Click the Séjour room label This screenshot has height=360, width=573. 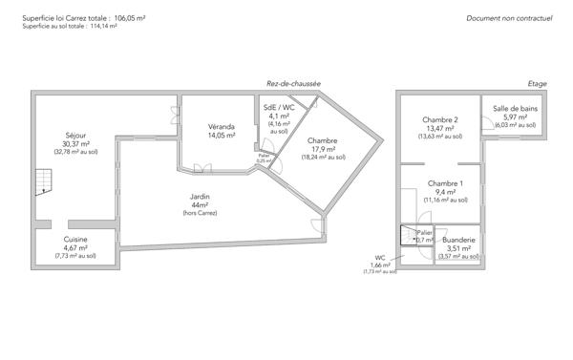coord(75,135)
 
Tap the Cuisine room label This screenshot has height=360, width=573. coord(75,239)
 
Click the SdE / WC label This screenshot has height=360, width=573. coord(279,108)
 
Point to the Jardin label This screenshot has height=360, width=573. coord(200,197)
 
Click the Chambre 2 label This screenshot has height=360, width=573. coord(440,119)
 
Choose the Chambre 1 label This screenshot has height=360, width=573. coord(445,183)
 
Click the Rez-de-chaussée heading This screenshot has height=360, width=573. coord(293,84)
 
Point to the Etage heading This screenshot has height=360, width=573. coord(537,84)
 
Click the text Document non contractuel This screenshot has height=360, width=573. coord(510,18)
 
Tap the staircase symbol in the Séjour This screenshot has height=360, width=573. coord(42,180)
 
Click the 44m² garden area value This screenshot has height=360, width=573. coord(200,205)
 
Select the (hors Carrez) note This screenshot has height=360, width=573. coord(200,214)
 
